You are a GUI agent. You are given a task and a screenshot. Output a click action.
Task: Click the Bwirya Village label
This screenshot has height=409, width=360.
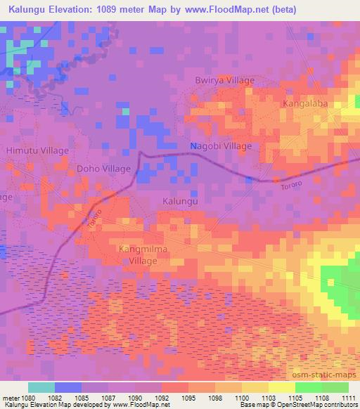(224, 80)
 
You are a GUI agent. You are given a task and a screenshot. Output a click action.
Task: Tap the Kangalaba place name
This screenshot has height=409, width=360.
(306, 103)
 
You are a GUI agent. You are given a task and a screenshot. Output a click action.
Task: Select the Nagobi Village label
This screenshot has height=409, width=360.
(221, 146)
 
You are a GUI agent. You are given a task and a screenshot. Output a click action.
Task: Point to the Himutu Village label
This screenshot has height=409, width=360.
(37, 151)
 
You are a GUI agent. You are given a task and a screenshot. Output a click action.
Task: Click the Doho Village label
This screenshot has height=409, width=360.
(103, 169)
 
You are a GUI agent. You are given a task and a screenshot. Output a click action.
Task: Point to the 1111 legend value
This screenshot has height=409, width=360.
(348, 398)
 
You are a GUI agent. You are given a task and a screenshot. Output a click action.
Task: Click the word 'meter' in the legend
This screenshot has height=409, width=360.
(11, 398)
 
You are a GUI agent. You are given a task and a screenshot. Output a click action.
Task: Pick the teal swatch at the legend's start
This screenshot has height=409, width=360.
(41, 387)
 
